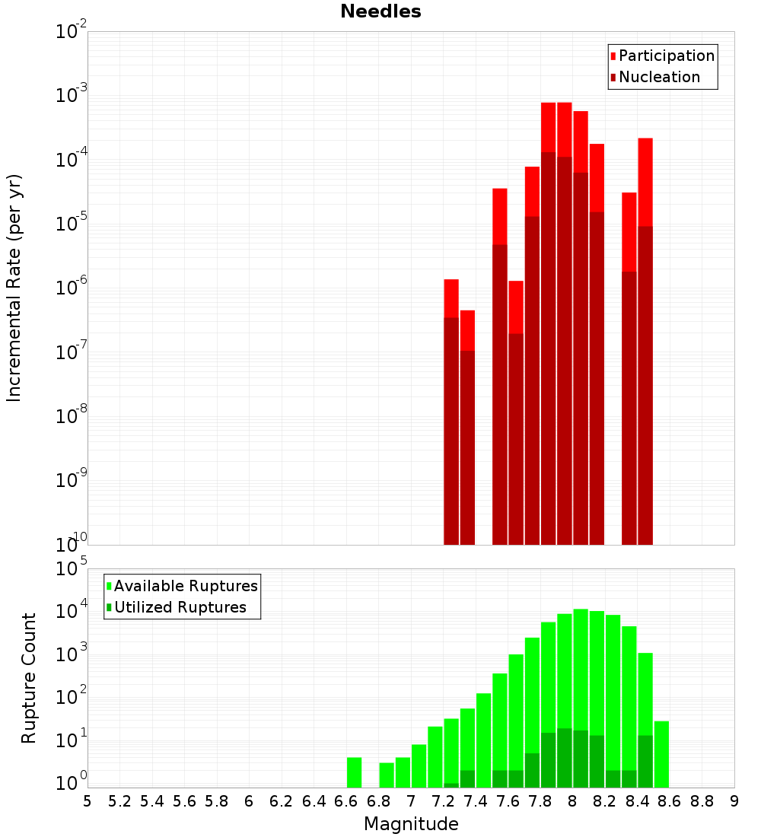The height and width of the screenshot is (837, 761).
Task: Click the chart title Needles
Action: [380, 11]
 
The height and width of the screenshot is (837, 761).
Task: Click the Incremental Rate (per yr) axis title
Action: [14, 288]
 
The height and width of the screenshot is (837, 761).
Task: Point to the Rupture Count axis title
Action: [29, 678]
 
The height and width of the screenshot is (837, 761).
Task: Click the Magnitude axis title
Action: [411, 824]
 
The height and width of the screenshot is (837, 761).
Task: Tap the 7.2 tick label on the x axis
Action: [443, 801]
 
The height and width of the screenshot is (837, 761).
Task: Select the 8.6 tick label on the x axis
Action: [670, 801]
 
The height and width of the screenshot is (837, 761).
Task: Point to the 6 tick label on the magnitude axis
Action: [249, 801]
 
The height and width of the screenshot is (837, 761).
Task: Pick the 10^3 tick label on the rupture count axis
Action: [72, 654]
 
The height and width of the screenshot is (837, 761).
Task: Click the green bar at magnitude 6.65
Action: [354, 772]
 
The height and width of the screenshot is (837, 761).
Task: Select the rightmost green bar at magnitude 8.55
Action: [661, 754]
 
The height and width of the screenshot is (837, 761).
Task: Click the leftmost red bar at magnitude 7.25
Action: [451, 412]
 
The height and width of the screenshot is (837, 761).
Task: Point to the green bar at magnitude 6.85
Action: [387, 775]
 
